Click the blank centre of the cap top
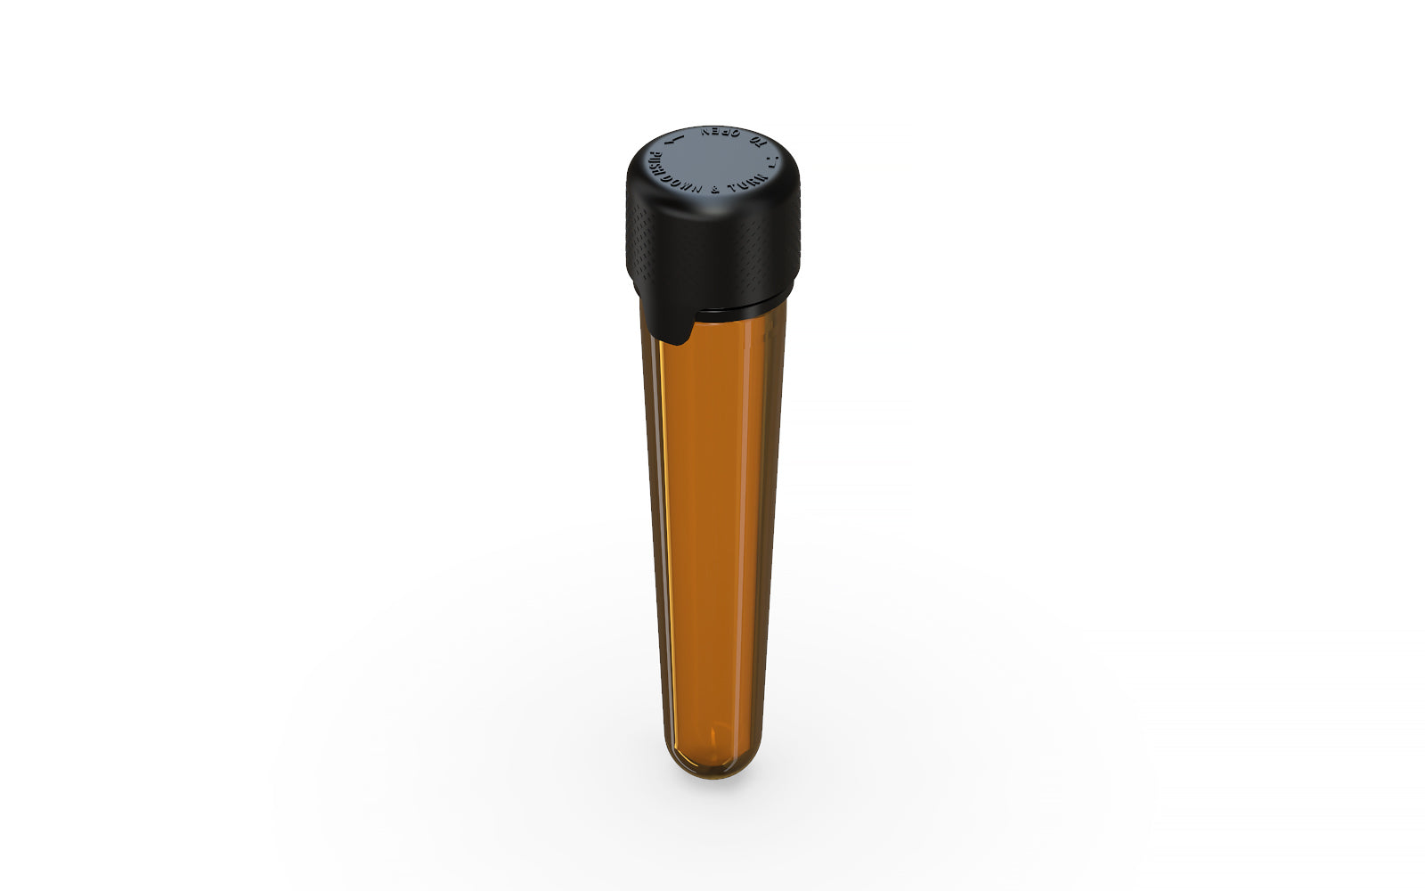pyautogui.click(x=712, y=160)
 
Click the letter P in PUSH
pyautogui.click(x=652, y=157)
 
